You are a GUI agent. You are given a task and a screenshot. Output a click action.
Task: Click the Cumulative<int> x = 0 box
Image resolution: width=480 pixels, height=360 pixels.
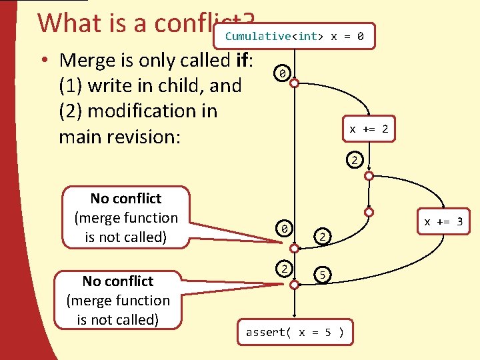point(295,36)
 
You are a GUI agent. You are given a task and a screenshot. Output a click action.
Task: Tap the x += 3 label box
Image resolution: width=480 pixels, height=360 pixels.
point(443,221)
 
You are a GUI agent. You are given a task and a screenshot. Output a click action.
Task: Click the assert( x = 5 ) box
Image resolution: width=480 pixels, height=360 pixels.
point(295,332)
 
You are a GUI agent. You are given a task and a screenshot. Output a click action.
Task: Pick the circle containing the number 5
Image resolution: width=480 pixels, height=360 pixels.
point(322,273)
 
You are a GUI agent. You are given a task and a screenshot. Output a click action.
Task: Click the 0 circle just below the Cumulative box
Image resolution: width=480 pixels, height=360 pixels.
point(283,73)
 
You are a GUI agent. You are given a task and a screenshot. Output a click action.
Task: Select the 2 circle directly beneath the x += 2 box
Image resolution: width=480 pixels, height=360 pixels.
point(355,160)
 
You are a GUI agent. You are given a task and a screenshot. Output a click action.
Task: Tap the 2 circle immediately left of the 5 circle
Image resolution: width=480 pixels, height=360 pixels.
point(283,268)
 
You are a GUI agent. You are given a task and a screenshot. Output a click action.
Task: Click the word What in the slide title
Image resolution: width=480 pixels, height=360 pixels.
point(65,23)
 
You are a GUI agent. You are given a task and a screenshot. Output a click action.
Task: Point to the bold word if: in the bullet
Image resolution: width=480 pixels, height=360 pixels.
point(241,60)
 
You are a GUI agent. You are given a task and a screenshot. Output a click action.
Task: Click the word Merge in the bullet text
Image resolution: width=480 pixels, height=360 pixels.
point(88,60)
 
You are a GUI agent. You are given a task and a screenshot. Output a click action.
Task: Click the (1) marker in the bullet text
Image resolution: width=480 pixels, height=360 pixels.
point(72,85)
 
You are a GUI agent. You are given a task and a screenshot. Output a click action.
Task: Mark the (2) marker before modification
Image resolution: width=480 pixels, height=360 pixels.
point(72,111)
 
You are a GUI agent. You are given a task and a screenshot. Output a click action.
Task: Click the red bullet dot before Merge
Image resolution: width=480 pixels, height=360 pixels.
point(42,60)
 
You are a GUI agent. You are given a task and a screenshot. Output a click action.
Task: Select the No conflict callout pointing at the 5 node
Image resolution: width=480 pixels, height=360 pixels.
point(118,300)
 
